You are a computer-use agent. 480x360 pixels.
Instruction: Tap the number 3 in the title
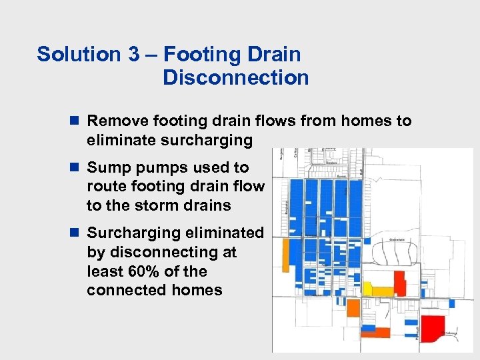(x=131, y=54)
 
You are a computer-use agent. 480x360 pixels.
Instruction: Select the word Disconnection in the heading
(x=235, y=78)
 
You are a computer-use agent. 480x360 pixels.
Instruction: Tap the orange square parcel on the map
(x=352, y=309)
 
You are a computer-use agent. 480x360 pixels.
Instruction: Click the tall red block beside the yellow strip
(x=400, y=283)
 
